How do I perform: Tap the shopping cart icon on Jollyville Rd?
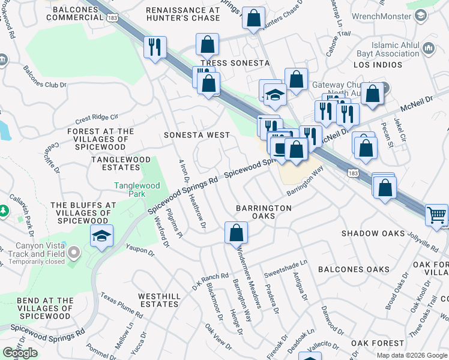coord(436,215)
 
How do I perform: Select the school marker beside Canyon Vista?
coord(102,236)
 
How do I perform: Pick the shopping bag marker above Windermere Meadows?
coord(237,232)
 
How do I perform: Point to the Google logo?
coord(20,353)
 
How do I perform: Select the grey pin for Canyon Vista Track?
coord(73,253)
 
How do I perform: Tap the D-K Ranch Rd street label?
coord(211,279)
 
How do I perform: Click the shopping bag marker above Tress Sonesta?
coord(207,44)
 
